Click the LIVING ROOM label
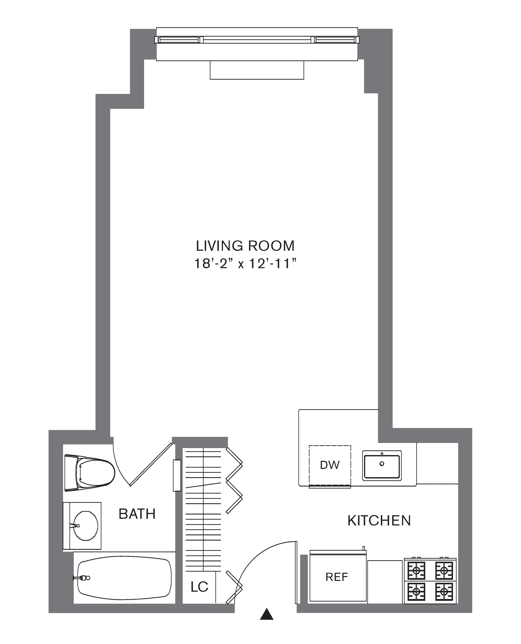click(245, 246)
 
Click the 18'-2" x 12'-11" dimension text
click(245, 264)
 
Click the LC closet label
click(199, 587)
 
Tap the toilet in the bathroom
click(90, 473)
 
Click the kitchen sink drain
click(382, 464)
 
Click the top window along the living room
click(257, 40)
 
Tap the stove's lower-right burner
click(444, 592)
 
